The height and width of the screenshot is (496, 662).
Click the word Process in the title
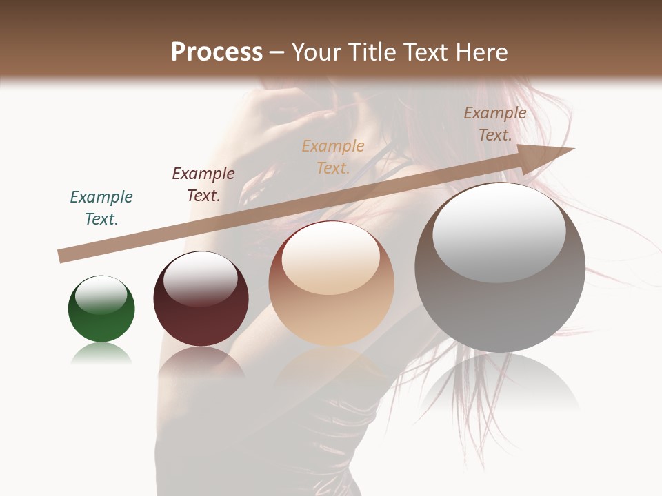(217, 52)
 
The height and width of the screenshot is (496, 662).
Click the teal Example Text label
(101, 208)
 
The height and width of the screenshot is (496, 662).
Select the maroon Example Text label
(203, 185)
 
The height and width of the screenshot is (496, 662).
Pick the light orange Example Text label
(333, 156)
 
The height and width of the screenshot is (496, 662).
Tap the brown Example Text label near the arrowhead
(495, 124)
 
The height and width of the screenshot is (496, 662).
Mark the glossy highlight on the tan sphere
(330, 258)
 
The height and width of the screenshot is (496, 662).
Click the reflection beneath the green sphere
(101, 354)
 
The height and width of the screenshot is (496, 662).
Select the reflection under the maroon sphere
(201, 362)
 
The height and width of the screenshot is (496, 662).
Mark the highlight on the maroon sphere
(200, 278)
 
